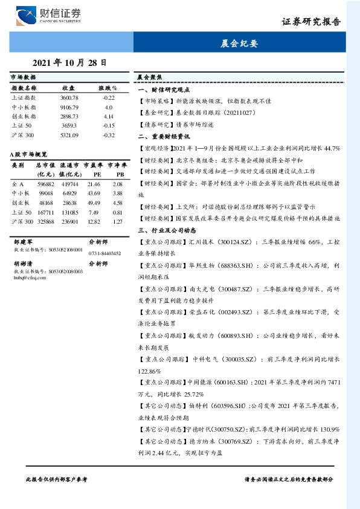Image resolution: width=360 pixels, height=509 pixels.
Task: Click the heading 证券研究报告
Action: [311, 22]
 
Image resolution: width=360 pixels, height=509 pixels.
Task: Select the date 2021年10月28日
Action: [69, 62]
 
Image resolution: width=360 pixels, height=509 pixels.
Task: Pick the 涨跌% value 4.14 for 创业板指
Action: [109, 115]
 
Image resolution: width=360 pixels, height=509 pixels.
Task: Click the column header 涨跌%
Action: [108, 88]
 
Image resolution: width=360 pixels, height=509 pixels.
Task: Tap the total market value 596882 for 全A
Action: [46, 183]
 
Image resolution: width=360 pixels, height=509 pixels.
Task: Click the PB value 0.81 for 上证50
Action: [117, 212]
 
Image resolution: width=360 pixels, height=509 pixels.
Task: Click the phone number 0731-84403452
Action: [104, 253]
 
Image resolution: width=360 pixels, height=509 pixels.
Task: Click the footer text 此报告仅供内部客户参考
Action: [57, 478]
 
